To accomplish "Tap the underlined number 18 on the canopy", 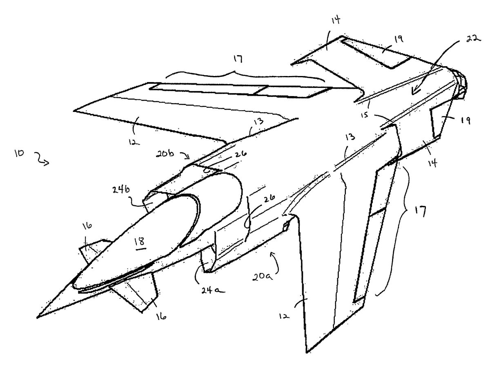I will click(x=141, y=241).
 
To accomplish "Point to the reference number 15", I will click(x=366, y=116).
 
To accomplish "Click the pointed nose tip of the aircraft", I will click(x=39, y=316).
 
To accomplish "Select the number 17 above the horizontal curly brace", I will click(x=238, y=59).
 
